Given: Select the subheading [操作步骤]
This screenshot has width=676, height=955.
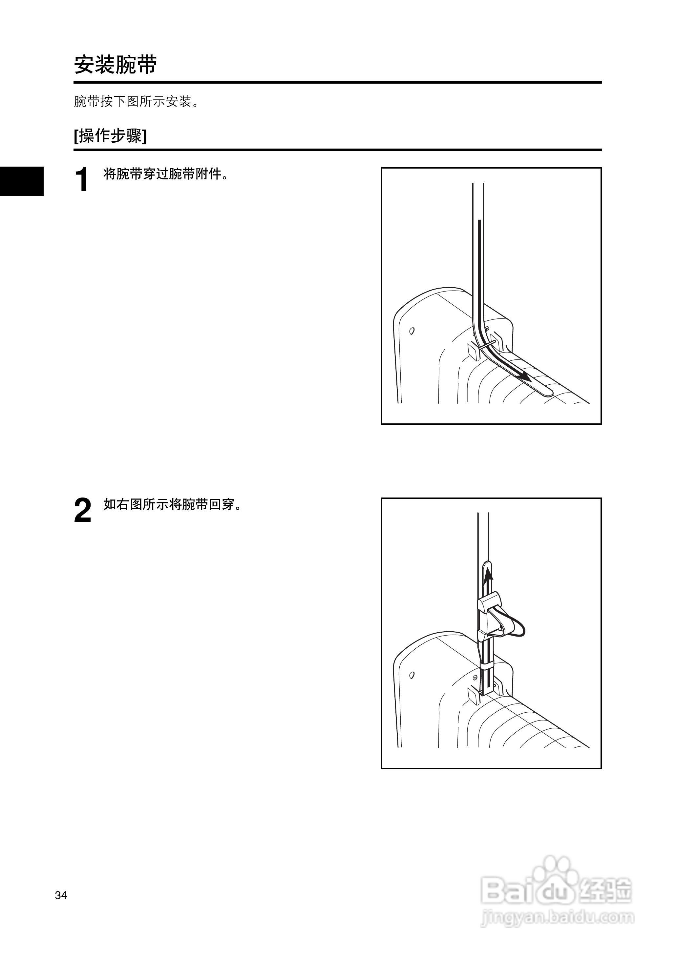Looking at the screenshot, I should click(x=110, y=136).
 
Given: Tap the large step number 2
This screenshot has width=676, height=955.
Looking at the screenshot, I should click(x=82, y=511).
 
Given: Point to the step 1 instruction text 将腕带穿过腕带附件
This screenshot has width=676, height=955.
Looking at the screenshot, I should click(x=166, y=174).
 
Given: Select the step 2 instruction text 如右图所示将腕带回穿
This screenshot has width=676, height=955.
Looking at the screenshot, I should click(x=172, y=504).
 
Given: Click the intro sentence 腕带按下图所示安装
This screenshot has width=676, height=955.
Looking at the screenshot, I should click(x=136, y=101).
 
